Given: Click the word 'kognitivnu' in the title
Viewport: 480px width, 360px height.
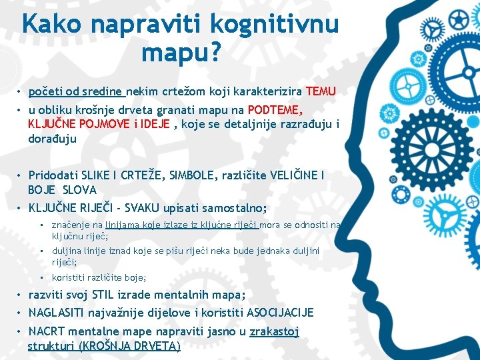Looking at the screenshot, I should click(274, 25).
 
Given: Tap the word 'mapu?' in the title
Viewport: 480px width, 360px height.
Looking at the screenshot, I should click(180, 53).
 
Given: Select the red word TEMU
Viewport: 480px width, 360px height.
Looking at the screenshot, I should click(321, 91).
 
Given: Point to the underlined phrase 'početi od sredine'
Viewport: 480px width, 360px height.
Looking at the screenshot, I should click(75, 91).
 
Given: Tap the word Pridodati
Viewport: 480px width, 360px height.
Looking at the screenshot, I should click(52, 175).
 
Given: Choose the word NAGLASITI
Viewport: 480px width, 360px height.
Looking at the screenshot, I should click(59, 313).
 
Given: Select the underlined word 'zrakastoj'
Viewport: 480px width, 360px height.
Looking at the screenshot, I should click(274, 331).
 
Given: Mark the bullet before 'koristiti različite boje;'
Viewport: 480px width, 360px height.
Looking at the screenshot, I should click(41, 277).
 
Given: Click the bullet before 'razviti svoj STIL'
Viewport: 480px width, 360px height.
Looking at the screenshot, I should click(21, 295).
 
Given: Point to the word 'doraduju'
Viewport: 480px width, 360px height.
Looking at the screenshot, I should click(52, 139).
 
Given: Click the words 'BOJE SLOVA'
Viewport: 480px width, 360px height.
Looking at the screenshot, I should click(62, 190).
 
